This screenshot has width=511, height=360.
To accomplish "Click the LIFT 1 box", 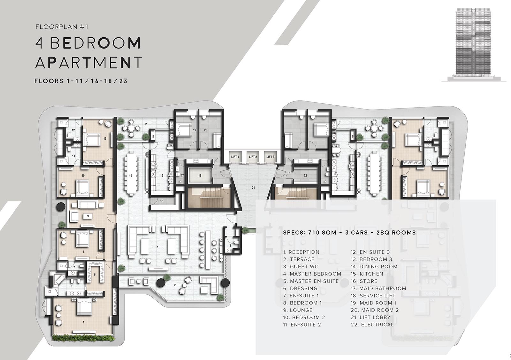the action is [x=235, y=157].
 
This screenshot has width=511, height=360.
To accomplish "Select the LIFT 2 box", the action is [x=253, y=157].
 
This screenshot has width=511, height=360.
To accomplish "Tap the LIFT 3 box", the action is [x=270, y=157].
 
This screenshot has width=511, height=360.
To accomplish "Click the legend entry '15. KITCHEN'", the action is [x=367, y=274].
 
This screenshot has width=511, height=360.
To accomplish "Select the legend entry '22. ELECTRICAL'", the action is [x=372, y=325].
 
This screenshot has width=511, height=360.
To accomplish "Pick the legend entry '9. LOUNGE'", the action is [x=298, y=310].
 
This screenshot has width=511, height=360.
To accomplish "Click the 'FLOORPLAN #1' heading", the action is [x=62, y=27].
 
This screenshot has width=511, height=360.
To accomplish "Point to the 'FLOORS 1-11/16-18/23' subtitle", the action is [x=81, y=81].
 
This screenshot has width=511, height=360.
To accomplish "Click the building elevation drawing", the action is [x=471, y=45].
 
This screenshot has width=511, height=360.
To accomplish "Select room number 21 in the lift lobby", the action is [x=253, y=188].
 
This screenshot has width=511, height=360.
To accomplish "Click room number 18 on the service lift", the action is [x=200, y=176].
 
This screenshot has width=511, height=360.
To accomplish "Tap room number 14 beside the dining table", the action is [x=131, y=176].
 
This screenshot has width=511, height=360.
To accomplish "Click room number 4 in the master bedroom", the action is [x=83, y=322].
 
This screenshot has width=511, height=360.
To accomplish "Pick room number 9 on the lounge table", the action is [x=88, y=216].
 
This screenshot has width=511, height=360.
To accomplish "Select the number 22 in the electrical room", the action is [x=305, y=176].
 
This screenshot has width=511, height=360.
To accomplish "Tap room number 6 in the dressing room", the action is [x=95, y=274].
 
